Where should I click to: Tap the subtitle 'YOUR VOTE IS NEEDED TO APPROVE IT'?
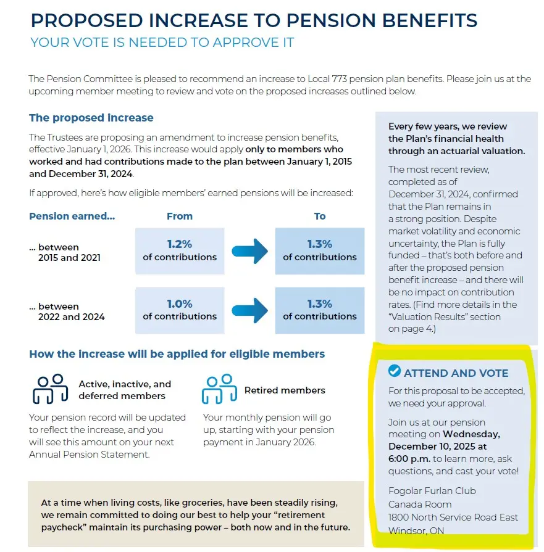(x=162, y=43)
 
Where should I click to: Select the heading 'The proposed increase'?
(x=91, y=118)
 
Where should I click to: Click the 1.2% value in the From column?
(x=179, y=244)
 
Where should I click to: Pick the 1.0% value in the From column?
(x=179, y=304)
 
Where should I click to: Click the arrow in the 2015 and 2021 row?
(x=249, y=250)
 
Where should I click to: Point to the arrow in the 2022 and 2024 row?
(x=249, y=310)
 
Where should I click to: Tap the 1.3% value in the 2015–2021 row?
(x=319, y=244)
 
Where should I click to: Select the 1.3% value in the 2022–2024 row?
(x=319, y=304)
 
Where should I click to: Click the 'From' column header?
(x=179, y=216)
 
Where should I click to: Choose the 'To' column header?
(x=319, y=216)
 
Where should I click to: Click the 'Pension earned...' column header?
(x=72, y=216)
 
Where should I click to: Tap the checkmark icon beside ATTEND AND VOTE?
(x=394, y=371)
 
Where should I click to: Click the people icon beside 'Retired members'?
(x=219, y=389)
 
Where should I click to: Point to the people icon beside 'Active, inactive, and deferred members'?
(x=50, y=389)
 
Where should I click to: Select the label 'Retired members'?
(x=285, y=390)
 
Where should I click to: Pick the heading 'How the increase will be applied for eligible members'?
(x=177, y=354)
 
